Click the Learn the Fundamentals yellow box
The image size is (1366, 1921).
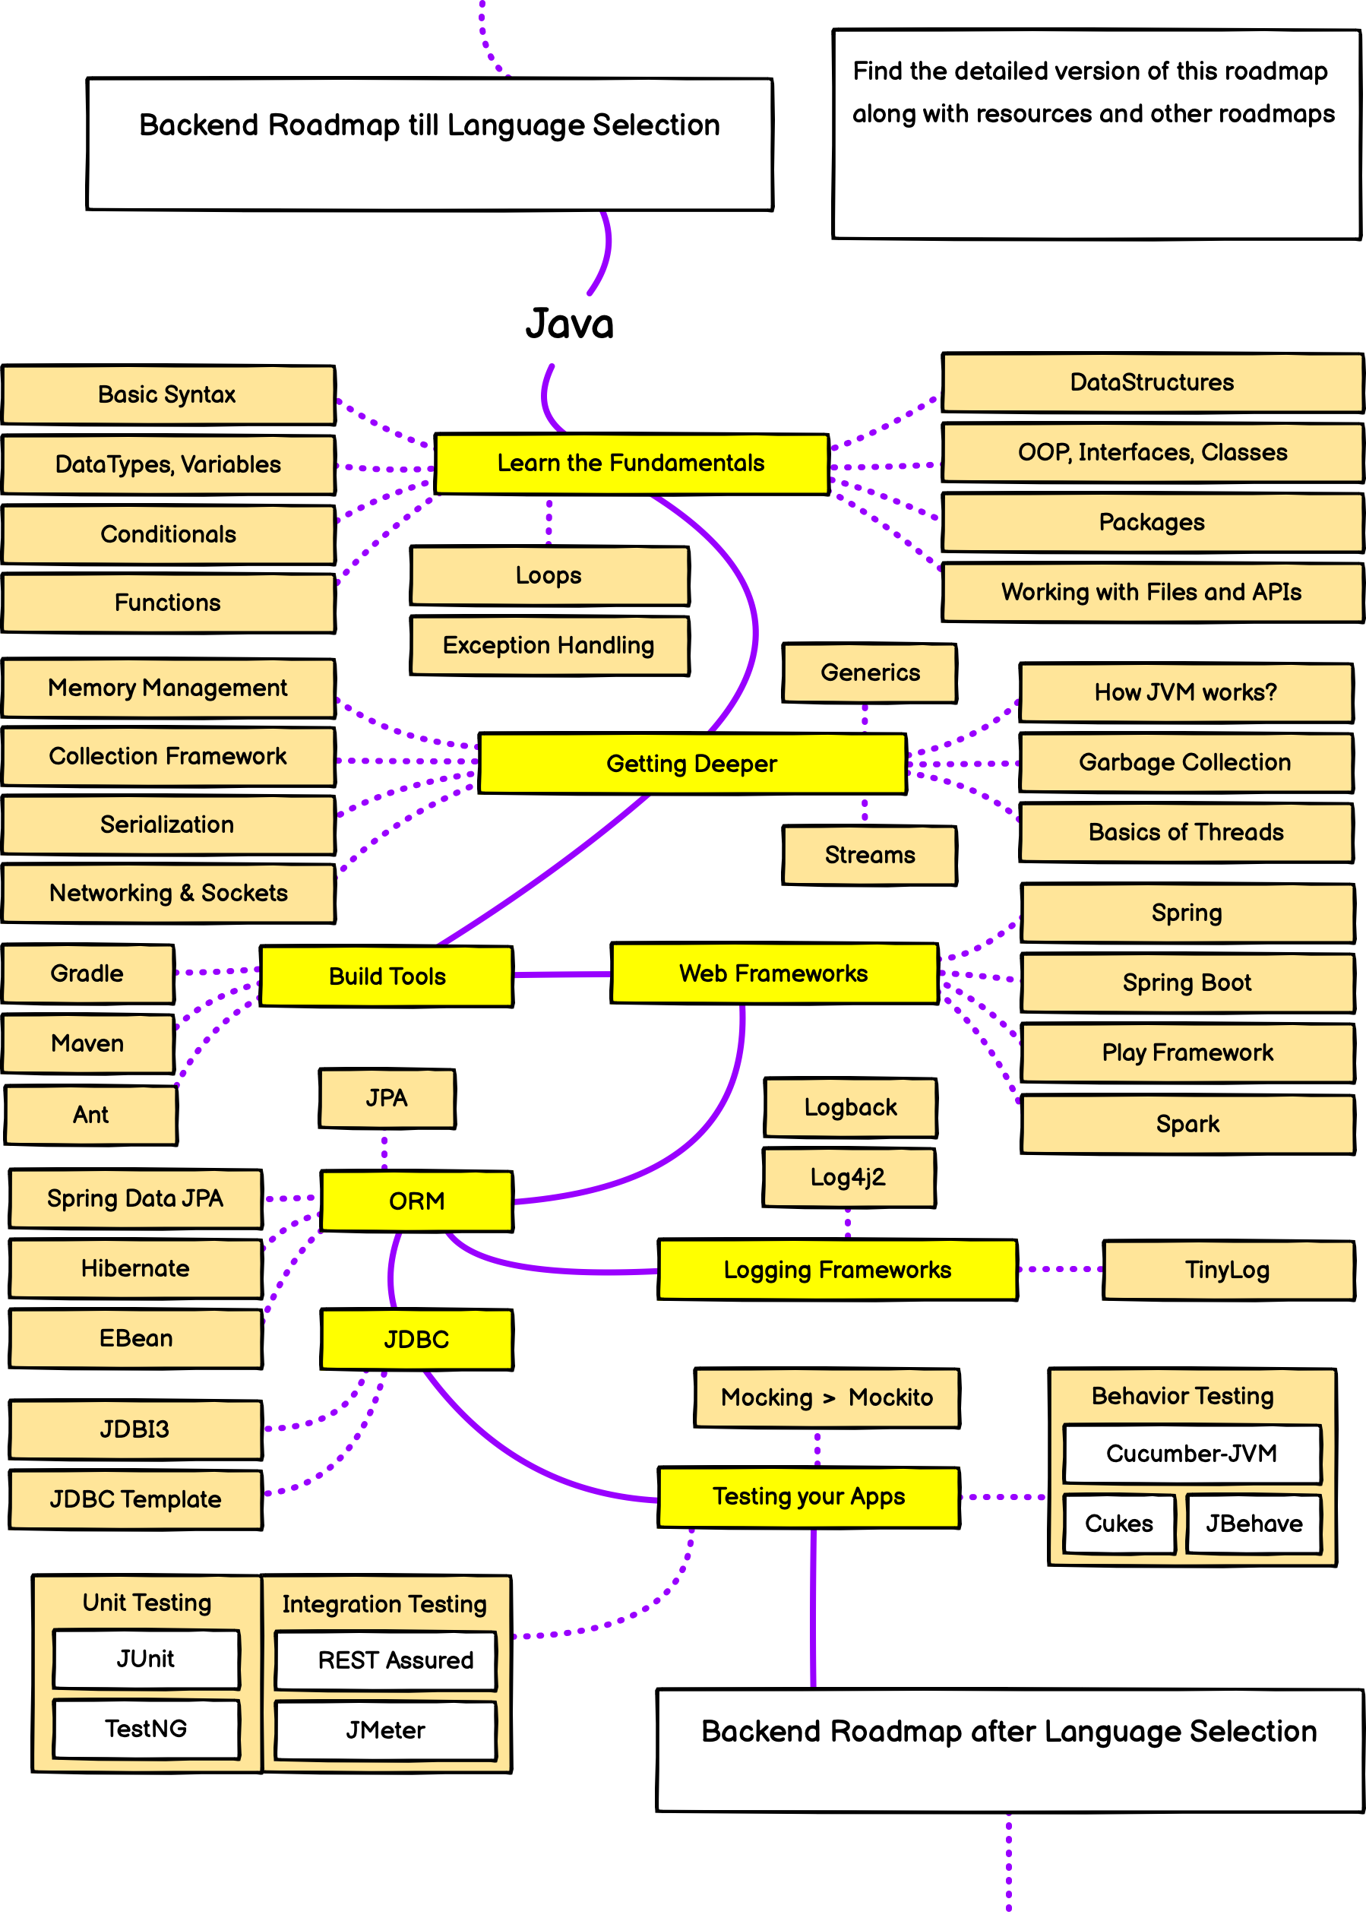(x=631, y=464)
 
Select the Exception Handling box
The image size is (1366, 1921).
(x=549, y=646)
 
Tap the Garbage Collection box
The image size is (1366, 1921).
(x=1185, y=762)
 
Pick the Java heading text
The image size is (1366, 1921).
(x=570, y=324)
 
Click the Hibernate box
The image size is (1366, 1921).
(x=135, y=1268)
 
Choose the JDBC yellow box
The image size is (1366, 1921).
(x=416, y=1340)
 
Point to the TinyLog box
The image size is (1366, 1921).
(x=1227, y=1270)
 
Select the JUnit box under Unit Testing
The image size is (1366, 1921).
(x=146, y=1659)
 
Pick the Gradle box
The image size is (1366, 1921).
(x=87, y=974)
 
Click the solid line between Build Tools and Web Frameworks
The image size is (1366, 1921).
(x=562, y=975)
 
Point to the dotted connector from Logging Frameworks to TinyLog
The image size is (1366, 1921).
(x=1060, y=1269)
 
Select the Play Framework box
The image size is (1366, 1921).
(x=1187, y=1053)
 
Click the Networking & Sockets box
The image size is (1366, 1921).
(x=168, y=893)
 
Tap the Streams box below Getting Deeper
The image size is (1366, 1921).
(x=870, y=856)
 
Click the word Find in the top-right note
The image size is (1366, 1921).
(x=877, y=71)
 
